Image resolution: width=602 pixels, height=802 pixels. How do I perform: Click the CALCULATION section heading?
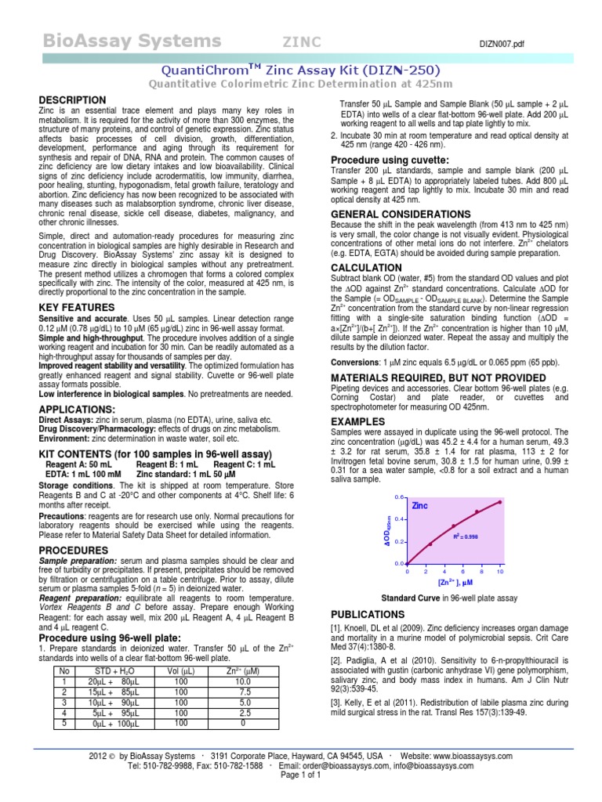click(367, 268)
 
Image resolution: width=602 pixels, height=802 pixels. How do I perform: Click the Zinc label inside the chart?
click(421, 506)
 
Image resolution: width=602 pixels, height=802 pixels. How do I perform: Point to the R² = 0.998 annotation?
click(466, 536)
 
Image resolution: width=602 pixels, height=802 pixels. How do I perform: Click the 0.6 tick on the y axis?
click(397, 498)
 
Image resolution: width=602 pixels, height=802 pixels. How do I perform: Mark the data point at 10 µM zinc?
click(499, 502)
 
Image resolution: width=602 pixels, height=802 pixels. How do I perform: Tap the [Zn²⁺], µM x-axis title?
click(455, 583)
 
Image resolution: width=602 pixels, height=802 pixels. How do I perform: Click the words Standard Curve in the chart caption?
click(408, 598)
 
